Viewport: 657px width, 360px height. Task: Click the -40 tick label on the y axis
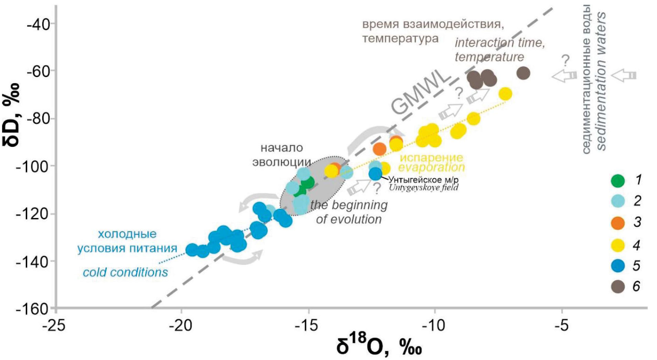[x=39, y=24]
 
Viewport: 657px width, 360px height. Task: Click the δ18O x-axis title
[x=378, y=346]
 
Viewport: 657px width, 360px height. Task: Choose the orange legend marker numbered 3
[x=618, y=222]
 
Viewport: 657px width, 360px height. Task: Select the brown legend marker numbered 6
[x=618, y=286]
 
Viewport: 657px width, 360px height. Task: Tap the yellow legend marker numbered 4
[x=618, y=245]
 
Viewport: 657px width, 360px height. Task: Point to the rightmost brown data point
[x=523, y=73]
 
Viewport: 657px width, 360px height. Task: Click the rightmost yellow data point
[x=505, y=94]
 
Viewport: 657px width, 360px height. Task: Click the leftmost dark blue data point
[x=192, y=250]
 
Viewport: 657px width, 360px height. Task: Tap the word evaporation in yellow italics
[x=431, y=167]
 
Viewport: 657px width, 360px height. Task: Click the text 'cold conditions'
[x=125, y=272]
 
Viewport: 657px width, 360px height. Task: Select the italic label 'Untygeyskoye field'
[x=423, y=188]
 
